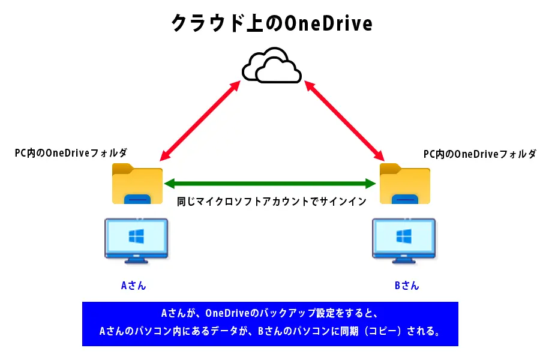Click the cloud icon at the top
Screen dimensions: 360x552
(x=271, y=64)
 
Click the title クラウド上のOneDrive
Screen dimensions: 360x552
(x=272, y=23)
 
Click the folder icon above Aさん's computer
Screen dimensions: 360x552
(x=137, y=183)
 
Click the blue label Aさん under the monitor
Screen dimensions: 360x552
(x=133, y=286)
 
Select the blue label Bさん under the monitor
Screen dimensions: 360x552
(x=407, y=286)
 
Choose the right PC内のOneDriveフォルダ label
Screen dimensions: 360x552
(x=479, y=155)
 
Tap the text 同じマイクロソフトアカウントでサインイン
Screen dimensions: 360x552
(x=271, y=202)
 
